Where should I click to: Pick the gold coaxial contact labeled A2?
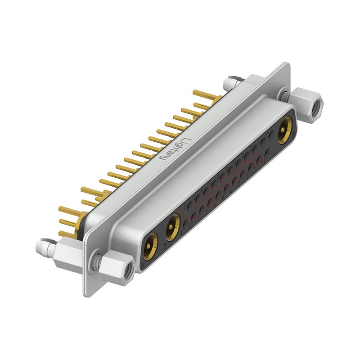[x=172, y=228]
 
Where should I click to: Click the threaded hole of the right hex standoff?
[x=318, y=106]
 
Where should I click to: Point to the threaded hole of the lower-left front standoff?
[x=129, y=271]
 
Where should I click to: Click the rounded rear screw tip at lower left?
[x=40, y=246]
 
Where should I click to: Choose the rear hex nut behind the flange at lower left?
[x=67, y=256]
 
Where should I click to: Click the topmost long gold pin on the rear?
[x=205, y=95]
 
